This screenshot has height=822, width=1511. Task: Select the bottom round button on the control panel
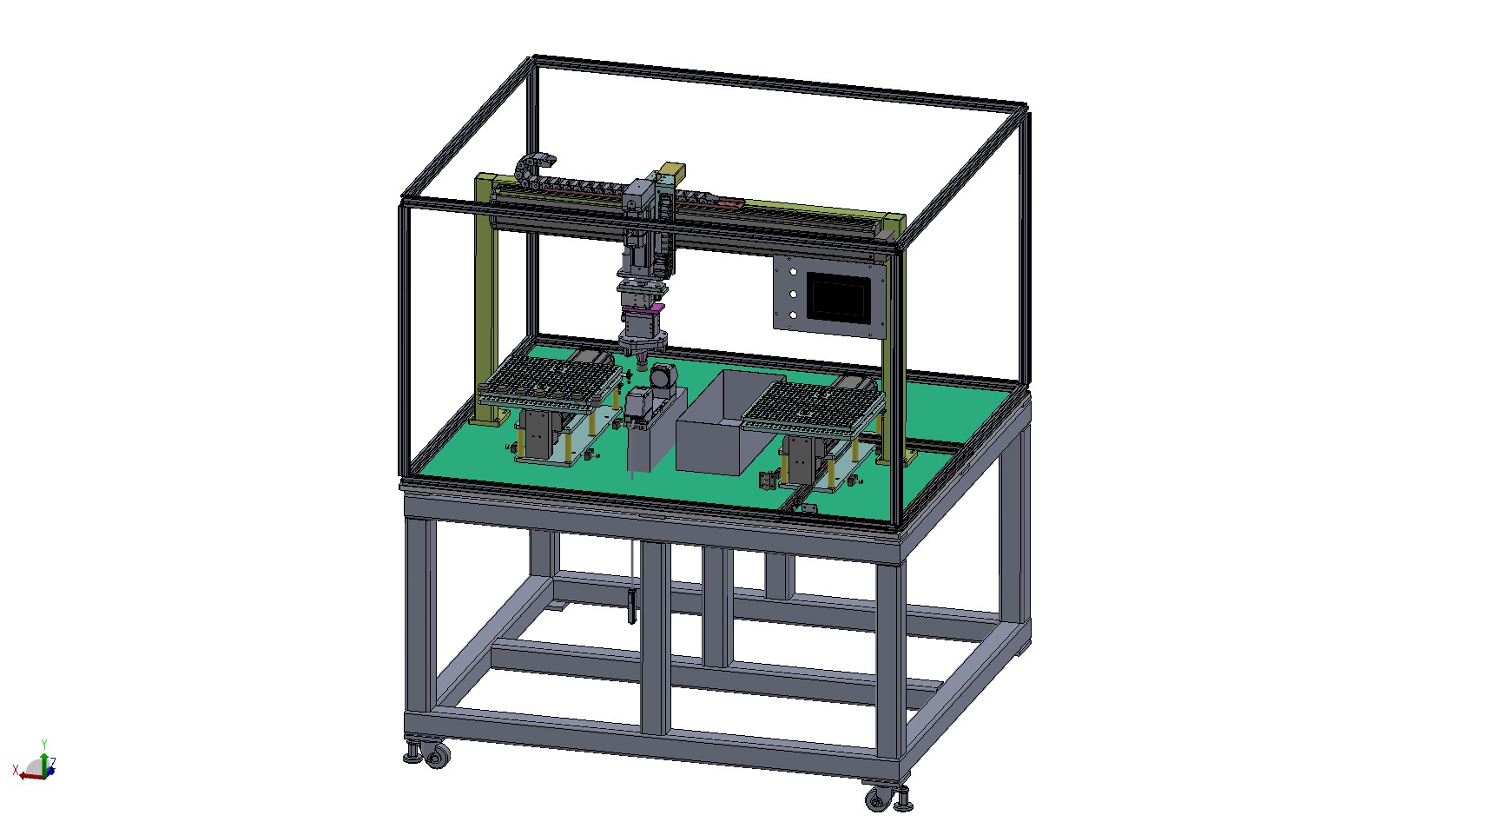[x=792, y=315]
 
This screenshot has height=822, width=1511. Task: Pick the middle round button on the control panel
[x=792, y=295]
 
